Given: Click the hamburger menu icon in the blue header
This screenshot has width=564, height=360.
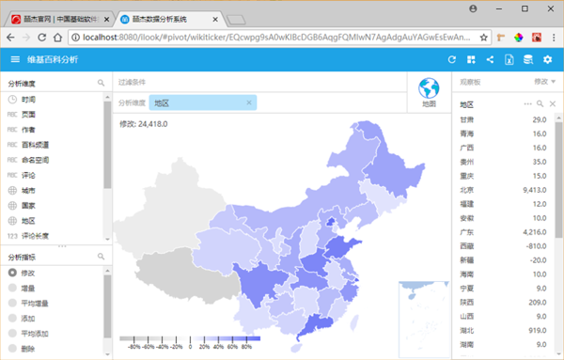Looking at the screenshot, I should tap(14, 59).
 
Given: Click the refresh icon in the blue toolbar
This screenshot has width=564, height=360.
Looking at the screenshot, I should tap(453, 59).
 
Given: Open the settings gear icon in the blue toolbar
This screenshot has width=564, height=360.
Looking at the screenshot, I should tap(548, 59).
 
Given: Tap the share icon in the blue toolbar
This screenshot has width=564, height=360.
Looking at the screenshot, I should tap(491, 59).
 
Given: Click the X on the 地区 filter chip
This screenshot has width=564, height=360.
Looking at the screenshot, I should tap(248, 102).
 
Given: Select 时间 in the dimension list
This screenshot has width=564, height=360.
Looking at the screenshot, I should tap(29, 100).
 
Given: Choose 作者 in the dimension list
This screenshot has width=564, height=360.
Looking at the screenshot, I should tap(29, 130).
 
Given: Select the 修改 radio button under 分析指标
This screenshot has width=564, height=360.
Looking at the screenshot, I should tap(12, 273).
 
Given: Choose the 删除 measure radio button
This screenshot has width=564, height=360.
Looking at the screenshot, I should tap(12, 348).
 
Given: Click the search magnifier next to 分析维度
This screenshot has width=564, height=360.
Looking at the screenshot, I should tap(102, 84).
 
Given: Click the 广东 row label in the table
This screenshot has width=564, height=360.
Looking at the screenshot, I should tap(467, 230).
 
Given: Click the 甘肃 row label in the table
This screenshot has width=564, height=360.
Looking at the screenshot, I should tap(467, 119).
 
